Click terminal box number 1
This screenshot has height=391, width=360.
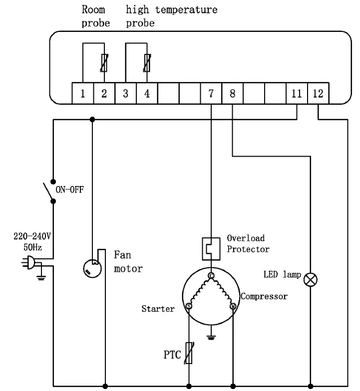[83, 93]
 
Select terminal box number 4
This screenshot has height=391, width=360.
[147, 93]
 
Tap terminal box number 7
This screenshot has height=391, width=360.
[211, 93]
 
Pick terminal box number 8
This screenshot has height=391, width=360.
[232, 93]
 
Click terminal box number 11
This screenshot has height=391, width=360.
[297, 93]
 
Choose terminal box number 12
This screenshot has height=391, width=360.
[318, 93]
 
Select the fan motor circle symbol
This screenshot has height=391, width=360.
[92, 269]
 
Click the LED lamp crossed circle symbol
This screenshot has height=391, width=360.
[312, 279]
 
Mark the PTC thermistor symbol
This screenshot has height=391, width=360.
[189, 354]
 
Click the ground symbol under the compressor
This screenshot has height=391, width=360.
[211, 338]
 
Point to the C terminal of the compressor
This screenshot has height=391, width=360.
[211, 275]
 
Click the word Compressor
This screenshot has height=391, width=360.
[265, 296]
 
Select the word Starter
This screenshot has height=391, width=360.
[158, 309]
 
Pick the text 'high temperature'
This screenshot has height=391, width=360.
[172, 10]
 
